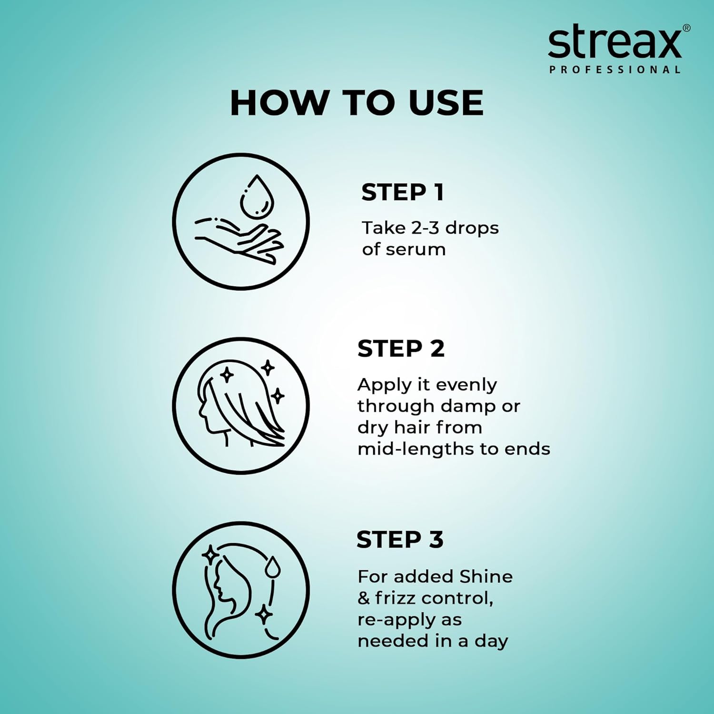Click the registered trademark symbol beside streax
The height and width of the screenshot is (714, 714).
[686, 29]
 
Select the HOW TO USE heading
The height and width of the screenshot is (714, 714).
[357, 103]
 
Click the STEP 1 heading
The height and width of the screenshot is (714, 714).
[403, 192]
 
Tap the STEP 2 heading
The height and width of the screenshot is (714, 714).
[401, 348]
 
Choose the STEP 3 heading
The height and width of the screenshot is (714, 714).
[400, 540]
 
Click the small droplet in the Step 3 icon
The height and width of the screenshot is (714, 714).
[273, 567]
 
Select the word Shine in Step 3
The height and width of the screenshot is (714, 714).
[486, 576]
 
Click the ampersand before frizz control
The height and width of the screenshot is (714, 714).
[364, 598]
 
